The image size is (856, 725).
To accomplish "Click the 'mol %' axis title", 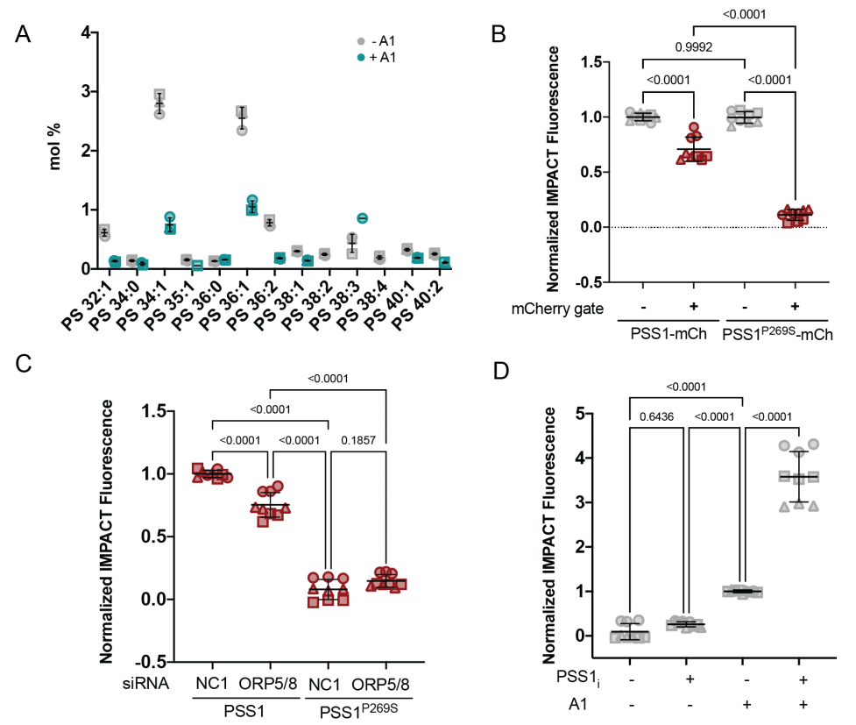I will tap(55, 151).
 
